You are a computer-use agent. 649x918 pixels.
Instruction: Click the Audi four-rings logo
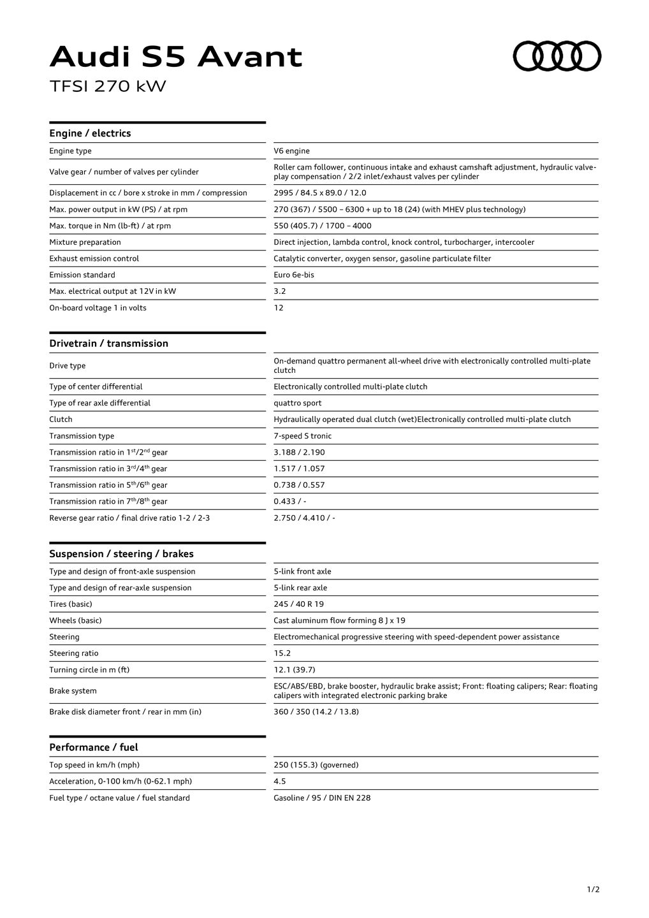point(557,56)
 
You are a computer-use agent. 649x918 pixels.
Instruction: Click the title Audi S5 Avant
point(176,57)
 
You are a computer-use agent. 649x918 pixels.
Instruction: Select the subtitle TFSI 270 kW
point(108,86)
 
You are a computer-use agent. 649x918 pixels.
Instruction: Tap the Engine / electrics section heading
point(90,133)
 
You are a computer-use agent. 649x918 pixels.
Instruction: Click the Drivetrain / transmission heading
point(108,344)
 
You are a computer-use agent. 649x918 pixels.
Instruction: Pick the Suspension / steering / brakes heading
point(121,554)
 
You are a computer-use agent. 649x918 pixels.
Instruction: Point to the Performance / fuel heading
point(93,747)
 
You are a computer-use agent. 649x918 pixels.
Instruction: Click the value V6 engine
point(291,151)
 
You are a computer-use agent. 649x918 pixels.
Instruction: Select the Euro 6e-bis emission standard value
point(293,275)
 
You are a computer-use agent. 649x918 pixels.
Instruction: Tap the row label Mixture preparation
point(85,242)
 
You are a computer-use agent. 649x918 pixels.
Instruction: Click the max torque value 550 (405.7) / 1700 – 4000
point(322,226)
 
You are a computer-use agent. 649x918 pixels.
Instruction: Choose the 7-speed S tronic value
point(302,436)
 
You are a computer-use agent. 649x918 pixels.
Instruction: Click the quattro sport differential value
point(297,403)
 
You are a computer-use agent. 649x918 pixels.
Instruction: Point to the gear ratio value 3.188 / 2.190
point(299,452)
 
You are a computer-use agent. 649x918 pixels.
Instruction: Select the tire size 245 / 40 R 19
point(298,604)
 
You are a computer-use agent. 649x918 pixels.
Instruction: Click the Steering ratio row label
point(73,653)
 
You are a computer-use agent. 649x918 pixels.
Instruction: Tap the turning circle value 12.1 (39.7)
point(294,670)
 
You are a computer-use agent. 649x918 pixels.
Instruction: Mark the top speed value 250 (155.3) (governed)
point(316,765)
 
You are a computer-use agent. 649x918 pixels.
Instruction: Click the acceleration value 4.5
point(279,782)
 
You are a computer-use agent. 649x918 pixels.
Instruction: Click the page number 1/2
point(593,889)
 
